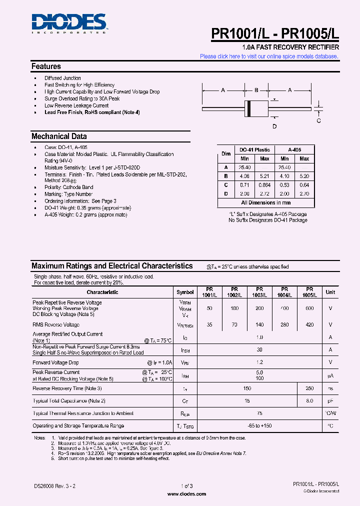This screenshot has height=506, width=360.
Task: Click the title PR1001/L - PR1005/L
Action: pyautogui.click(x=275, y=33)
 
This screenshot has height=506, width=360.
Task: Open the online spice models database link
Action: pyautogui.click(x=269, y=56)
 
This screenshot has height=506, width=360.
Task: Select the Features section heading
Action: pyautogui.click(x=46, y=66)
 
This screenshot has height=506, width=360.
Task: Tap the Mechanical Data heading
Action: pyautogui.click(x=59, y=136)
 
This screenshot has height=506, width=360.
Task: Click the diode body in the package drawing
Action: pyautogui.click(x=256, y=108)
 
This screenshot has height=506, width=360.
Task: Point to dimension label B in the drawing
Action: pyautogui.click(x=256, y=90)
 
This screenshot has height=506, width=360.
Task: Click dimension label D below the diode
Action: pyautogui.click(x=274, y=126)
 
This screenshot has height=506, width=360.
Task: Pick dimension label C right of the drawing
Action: pyautogui.click(x=318, y=120)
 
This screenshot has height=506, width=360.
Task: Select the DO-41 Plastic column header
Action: pyautogui.click(x=254, y=149)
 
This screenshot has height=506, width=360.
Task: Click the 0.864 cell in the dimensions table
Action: pyautogui.click(x=264, y=185)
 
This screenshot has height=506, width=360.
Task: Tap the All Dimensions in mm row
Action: pyautogui.click(x=266, y=202)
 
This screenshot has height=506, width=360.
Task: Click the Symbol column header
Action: pyautogui.click(x=185, y=292)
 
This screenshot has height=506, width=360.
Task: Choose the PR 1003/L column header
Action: pyautogui.click(x=259, y=292)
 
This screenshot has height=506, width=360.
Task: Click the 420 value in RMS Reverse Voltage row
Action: pyautogui.click(x=309, y=324)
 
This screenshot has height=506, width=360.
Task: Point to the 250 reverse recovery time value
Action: pyautogui.click(x=309, y=388)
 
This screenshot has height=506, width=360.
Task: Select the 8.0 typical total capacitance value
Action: pyautogui.click(x=309, y=401)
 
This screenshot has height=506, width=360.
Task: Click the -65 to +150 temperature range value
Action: pyautogui.click(x=259, y=426)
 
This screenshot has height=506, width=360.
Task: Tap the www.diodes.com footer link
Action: pyautogui.click(x=185, y=493)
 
